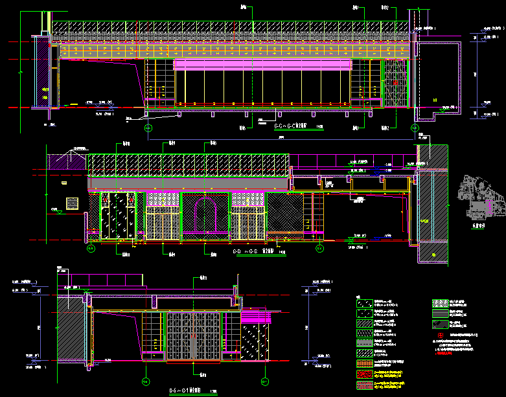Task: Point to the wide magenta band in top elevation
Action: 262,64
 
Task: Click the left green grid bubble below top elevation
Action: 148,128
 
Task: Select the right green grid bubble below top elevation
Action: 414,128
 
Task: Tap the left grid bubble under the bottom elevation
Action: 146,381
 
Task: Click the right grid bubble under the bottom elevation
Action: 264,381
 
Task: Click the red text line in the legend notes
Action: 460,354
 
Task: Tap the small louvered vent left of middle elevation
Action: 71,203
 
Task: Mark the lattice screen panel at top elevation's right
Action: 393,83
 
